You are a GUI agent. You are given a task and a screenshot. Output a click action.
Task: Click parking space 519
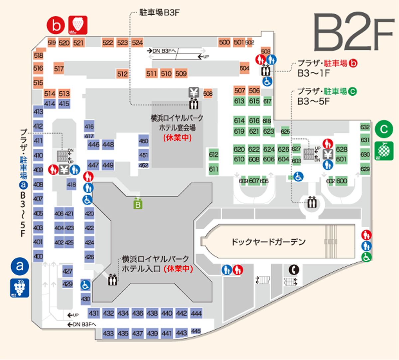pyautogui.click(x=52, y=43)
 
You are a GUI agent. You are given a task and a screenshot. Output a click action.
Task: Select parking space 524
pyautogui.click(x=137, y=43)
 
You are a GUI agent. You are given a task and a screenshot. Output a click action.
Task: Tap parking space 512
pyautogui.click(x=122, y=74)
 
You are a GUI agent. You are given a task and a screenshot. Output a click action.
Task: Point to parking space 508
pyautogui.click(x=208, y=94)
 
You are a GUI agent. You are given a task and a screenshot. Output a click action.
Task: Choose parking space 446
pyautogui.click(x=93, y=144)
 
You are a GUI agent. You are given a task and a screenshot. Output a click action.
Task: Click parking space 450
pyautogui.click(x=143, y=141)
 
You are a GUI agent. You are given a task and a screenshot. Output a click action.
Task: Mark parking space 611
pyautogui.click(x=213, y=169)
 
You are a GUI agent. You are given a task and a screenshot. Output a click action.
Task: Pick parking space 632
pyautogui.click(x=365, y=127)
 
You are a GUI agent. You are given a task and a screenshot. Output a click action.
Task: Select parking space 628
pyautogui.click(x=341, y=149)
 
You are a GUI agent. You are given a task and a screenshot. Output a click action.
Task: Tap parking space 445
pyautogui.click(x=196, y=331)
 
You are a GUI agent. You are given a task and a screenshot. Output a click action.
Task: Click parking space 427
pyautogui.click(x=67, y=271)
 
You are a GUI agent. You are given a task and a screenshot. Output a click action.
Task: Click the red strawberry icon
pyautogui.click(x=78, y=25)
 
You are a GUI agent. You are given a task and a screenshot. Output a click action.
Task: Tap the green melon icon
pyautogui.click(x=384, y=151)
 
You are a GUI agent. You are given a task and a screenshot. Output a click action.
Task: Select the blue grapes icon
pyautogui.click(x=20, y=288)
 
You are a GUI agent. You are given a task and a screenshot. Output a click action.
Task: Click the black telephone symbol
pyautogui.click(x=294, y=270)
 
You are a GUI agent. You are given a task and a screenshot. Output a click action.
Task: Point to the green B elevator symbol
pyautogui.click(x=138, y=204)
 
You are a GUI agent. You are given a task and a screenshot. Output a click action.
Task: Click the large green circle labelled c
pyautogui.click(x=384, y=129)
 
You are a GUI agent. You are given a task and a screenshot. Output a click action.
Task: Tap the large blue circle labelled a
pyautogui.click(x=20, y=266)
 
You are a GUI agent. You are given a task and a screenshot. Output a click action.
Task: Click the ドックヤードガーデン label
pyautogui.click(x=268, y=242)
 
